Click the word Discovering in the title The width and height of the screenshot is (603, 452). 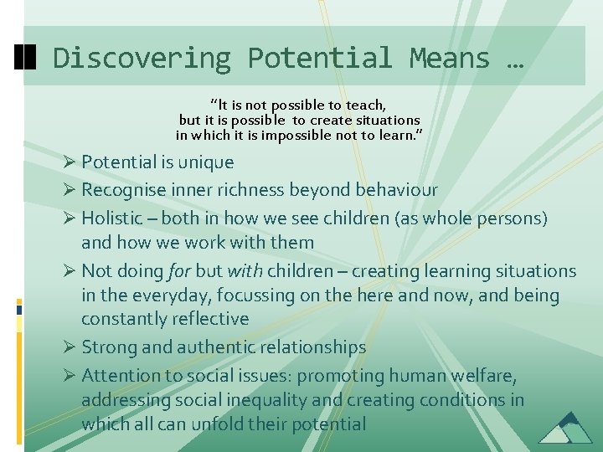pyautogui.click(x=141, y=58)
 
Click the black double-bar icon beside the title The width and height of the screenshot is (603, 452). pyautogui.click(x=27, y=57)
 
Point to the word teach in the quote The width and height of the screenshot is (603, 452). pyautogui.click(x=366, y=105)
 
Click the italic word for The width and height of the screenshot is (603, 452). pyautogui.click(x=182, y=271)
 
